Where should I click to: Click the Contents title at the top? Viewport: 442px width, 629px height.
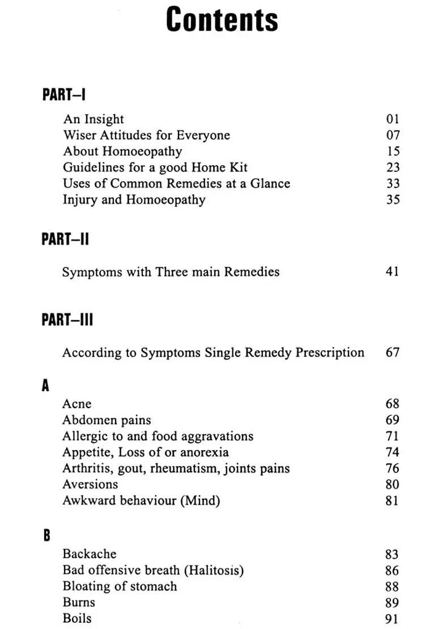222,20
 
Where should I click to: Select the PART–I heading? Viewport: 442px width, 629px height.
63,94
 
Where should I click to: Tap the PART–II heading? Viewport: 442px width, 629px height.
65,240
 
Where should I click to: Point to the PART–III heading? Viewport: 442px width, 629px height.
67,320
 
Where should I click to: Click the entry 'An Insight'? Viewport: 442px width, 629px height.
93,119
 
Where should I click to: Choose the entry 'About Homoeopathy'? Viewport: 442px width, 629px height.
122,152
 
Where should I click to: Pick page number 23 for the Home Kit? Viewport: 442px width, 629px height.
393,167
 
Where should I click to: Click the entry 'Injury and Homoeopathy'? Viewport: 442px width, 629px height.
134,200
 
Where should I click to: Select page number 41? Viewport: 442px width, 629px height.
392,272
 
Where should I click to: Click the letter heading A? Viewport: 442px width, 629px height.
46,386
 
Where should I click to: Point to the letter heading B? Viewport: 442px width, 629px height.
46,535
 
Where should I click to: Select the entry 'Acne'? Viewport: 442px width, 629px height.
76,404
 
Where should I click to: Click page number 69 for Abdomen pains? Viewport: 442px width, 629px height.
392,420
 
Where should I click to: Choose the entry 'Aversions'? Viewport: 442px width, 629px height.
90,485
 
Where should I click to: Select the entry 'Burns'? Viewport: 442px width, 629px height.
79,602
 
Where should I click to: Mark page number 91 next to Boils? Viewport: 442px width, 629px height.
392,619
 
